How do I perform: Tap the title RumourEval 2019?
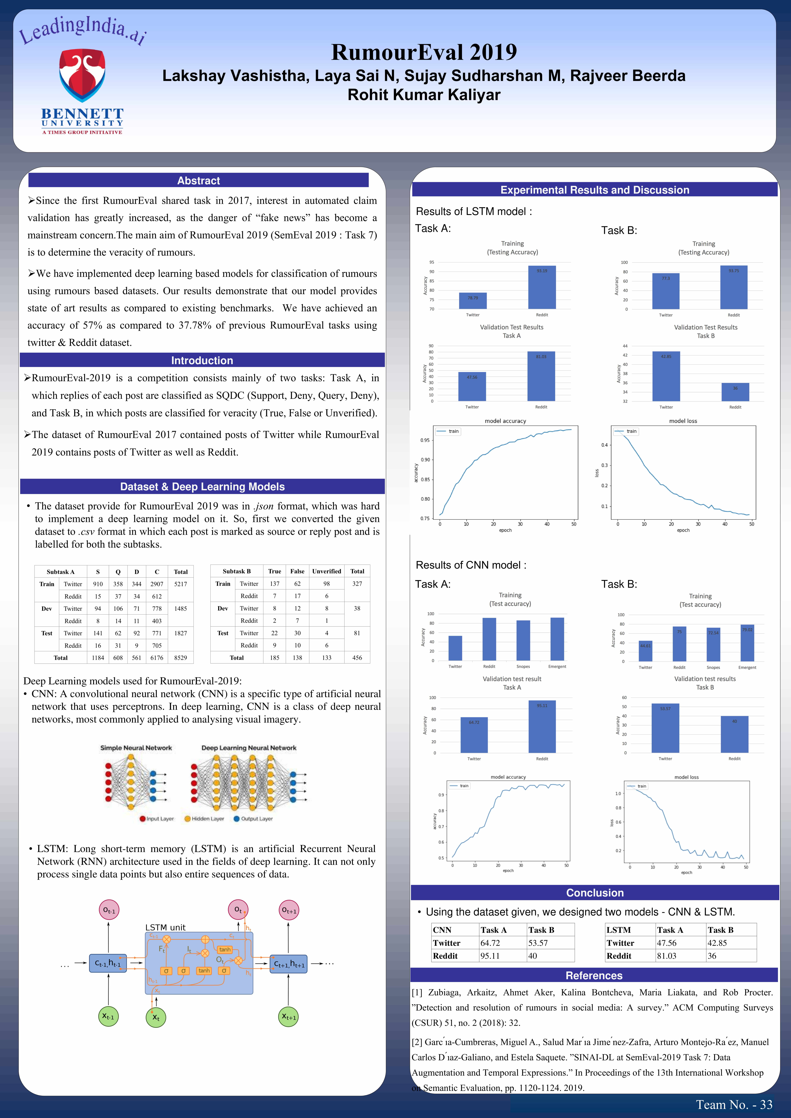(424, 52)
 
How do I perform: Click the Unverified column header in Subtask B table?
(326, 571)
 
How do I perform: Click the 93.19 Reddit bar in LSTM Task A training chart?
(542, 287)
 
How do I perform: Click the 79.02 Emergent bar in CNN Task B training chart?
(747, 643)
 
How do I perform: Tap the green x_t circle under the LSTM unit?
(156, 1017)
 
